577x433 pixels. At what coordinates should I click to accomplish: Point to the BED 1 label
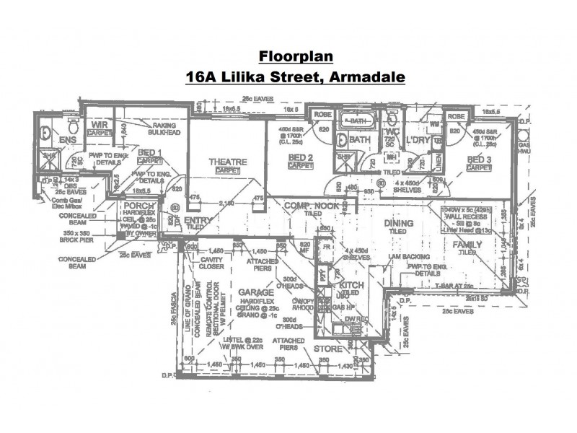click(x=150, y=152)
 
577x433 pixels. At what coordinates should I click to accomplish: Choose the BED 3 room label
click(x=480, y=159)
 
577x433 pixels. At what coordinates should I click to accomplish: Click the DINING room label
click(x=398, y=224)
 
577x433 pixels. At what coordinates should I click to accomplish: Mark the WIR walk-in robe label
click(x=98, y=126)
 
